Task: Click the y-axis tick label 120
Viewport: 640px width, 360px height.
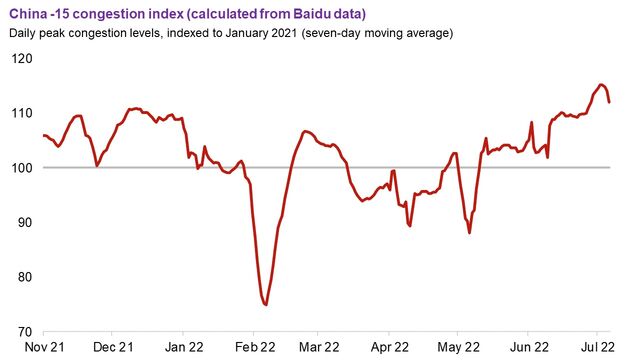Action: point(20,58)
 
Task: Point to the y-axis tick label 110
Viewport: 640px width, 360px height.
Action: point(20,113)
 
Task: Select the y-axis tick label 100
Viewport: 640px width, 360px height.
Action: point(20,168)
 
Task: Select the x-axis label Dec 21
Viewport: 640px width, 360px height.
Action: point(113,347)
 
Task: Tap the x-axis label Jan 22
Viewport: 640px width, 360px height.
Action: point(183,347)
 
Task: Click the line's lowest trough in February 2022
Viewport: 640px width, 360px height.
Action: point(265,304)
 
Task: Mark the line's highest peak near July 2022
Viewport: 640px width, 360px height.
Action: point(602,84)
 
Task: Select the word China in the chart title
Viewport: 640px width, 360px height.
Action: point(28,13)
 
